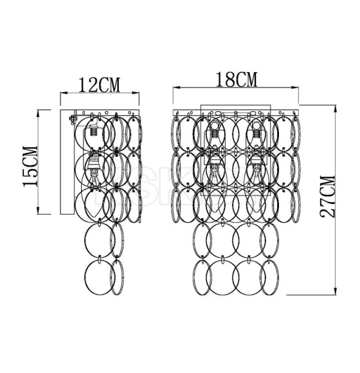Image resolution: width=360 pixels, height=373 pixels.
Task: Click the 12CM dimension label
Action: point(100,85)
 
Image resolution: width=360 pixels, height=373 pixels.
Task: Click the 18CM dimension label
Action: point(237,80)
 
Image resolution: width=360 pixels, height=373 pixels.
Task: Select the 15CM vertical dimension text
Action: point(30,166)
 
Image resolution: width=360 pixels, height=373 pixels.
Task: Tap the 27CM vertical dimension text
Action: point(327,196)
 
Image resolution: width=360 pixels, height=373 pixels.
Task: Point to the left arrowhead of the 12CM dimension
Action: point(64,93)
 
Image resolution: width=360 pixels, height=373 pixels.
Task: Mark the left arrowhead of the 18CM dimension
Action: point(177,87)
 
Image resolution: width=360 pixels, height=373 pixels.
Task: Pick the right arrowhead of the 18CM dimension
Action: point(295,87)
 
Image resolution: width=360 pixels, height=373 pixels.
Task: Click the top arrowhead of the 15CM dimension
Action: point(38,113)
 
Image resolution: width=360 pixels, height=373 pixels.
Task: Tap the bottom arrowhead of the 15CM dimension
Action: point(38,210)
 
